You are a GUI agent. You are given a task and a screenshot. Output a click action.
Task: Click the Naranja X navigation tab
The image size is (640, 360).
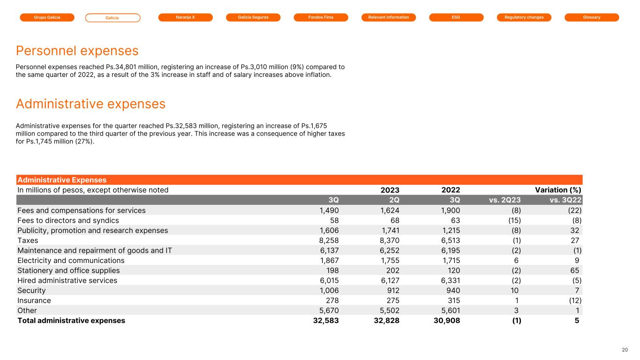point(185,17)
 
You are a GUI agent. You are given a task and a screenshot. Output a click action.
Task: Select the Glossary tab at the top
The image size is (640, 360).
point(592,17)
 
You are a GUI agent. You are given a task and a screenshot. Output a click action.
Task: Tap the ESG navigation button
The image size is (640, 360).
point(456,17)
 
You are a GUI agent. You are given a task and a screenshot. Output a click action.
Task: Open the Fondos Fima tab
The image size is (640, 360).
point(321,17)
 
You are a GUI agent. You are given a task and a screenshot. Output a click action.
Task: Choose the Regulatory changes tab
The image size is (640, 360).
point(524,17)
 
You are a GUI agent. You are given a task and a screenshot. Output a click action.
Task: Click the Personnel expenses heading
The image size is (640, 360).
point(77,51)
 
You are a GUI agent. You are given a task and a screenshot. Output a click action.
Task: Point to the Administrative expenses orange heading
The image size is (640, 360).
point(90,104)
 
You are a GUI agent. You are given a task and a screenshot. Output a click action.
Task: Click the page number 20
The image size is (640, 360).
point(625,350)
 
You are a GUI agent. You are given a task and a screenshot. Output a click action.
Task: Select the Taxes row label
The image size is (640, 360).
point(28,240)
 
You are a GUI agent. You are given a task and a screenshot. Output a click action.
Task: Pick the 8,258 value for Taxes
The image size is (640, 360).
point(329,240)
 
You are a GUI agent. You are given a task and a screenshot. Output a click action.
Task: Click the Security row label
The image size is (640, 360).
point(31,291)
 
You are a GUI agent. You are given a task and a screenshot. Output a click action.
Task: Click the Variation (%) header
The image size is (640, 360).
point(558,190)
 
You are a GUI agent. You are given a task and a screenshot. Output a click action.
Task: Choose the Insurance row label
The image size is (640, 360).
point(34,300)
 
